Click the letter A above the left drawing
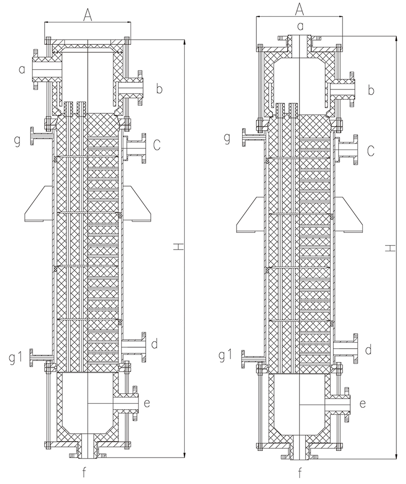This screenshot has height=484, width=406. tap(87, 16)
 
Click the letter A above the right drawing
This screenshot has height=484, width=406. tap(299, 9)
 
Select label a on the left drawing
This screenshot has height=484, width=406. tap(22, 69)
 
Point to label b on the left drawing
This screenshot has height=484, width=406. tap(159, 90)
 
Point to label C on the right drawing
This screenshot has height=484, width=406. tap(371, 150)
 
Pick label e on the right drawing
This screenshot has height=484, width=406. tap(363, 404)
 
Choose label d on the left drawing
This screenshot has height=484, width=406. tap(154, 344)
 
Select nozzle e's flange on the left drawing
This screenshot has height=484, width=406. tap(136, 404)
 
